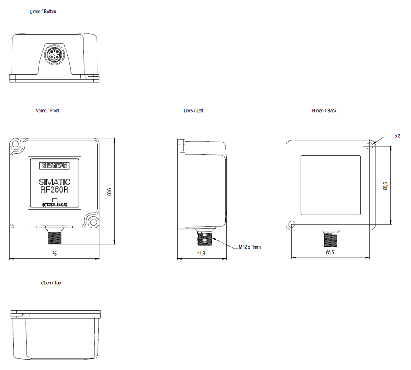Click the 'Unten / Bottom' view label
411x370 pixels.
pos(43,12)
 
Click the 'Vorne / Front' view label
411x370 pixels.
pos(47,111)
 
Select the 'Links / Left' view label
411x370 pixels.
pos(193,111)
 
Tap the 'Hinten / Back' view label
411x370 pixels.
pos(324,111)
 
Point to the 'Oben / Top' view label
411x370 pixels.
pos(51,283)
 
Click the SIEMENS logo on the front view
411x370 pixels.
pos(54,166)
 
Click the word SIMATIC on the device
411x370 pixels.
pos(54,182)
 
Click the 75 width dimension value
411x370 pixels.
pos(54,254)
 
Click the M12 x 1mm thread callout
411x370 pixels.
pos(249,247)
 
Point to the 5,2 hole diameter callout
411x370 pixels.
pos(397,136)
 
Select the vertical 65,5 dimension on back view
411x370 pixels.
pos(385,185)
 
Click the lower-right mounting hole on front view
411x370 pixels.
pos(93,223)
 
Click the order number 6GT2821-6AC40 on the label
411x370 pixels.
pos(54,205)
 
